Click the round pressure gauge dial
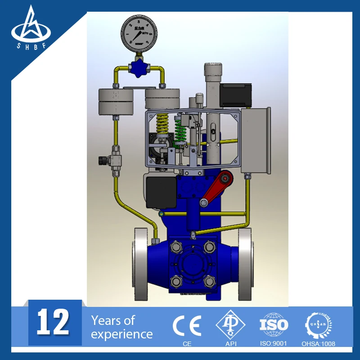click(139, 31)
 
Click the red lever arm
click(216, 186)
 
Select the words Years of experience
click(121, 327)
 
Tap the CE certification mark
click(187, 326)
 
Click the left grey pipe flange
click(140, 265)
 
